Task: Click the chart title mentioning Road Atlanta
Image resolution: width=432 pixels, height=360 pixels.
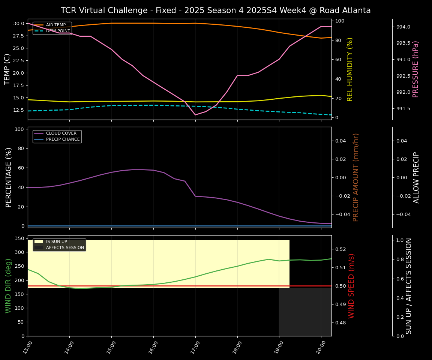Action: click(x=216, y=10)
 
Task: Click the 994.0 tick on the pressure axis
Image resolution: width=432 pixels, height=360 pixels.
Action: click(x=403, y=27)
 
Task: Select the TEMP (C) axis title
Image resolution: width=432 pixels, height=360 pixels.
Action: click(x=7, y=69)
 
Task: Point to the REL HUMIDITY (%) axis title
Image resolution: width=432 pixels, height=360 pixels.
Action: click(x=350, y=69)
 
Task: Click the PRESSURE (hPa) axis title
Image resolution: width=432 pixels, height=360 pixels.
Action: click(x=415, y=69)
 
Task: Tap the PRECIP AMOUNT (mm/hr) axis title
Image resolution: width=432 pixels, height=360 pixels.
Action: click(x=356, y=177)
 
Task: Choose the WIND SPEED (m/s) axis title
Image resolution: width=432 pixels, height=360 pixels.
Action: click(x=352, y=286)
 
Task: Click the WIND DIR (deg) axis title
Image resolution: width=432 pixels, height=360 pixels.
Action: click(x=8, y=286)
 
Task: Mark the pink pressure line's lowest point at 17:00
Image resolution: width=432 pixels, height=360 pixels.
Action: click(x=195, y=115)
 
